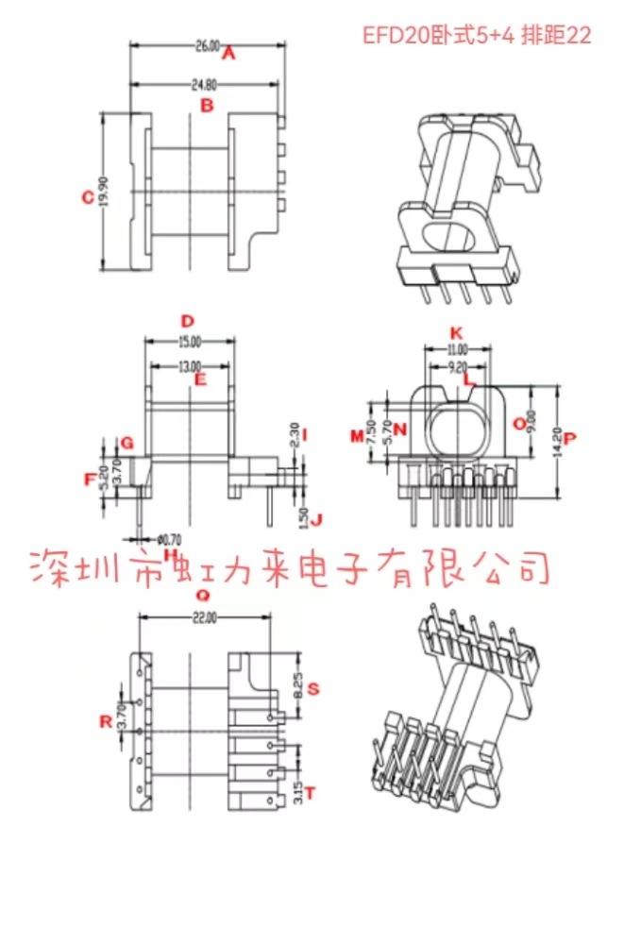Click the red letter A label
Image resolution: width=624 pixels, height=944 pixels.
pos(228,56)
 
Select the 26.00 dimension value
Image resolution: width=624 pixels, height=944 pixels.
pos(208,44)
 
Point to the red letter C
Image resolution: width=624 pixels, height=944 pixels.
pos(87,197)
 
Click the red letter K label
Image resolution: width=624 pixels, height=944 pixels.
pos(456,333)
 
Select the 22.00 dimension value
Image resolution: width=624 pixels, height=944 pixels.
pos(204,617)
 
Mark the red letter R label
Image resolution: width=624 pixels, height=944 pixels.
pos(106,722)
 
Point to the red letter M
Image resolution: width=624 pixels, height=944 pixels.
pos(357,435)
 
